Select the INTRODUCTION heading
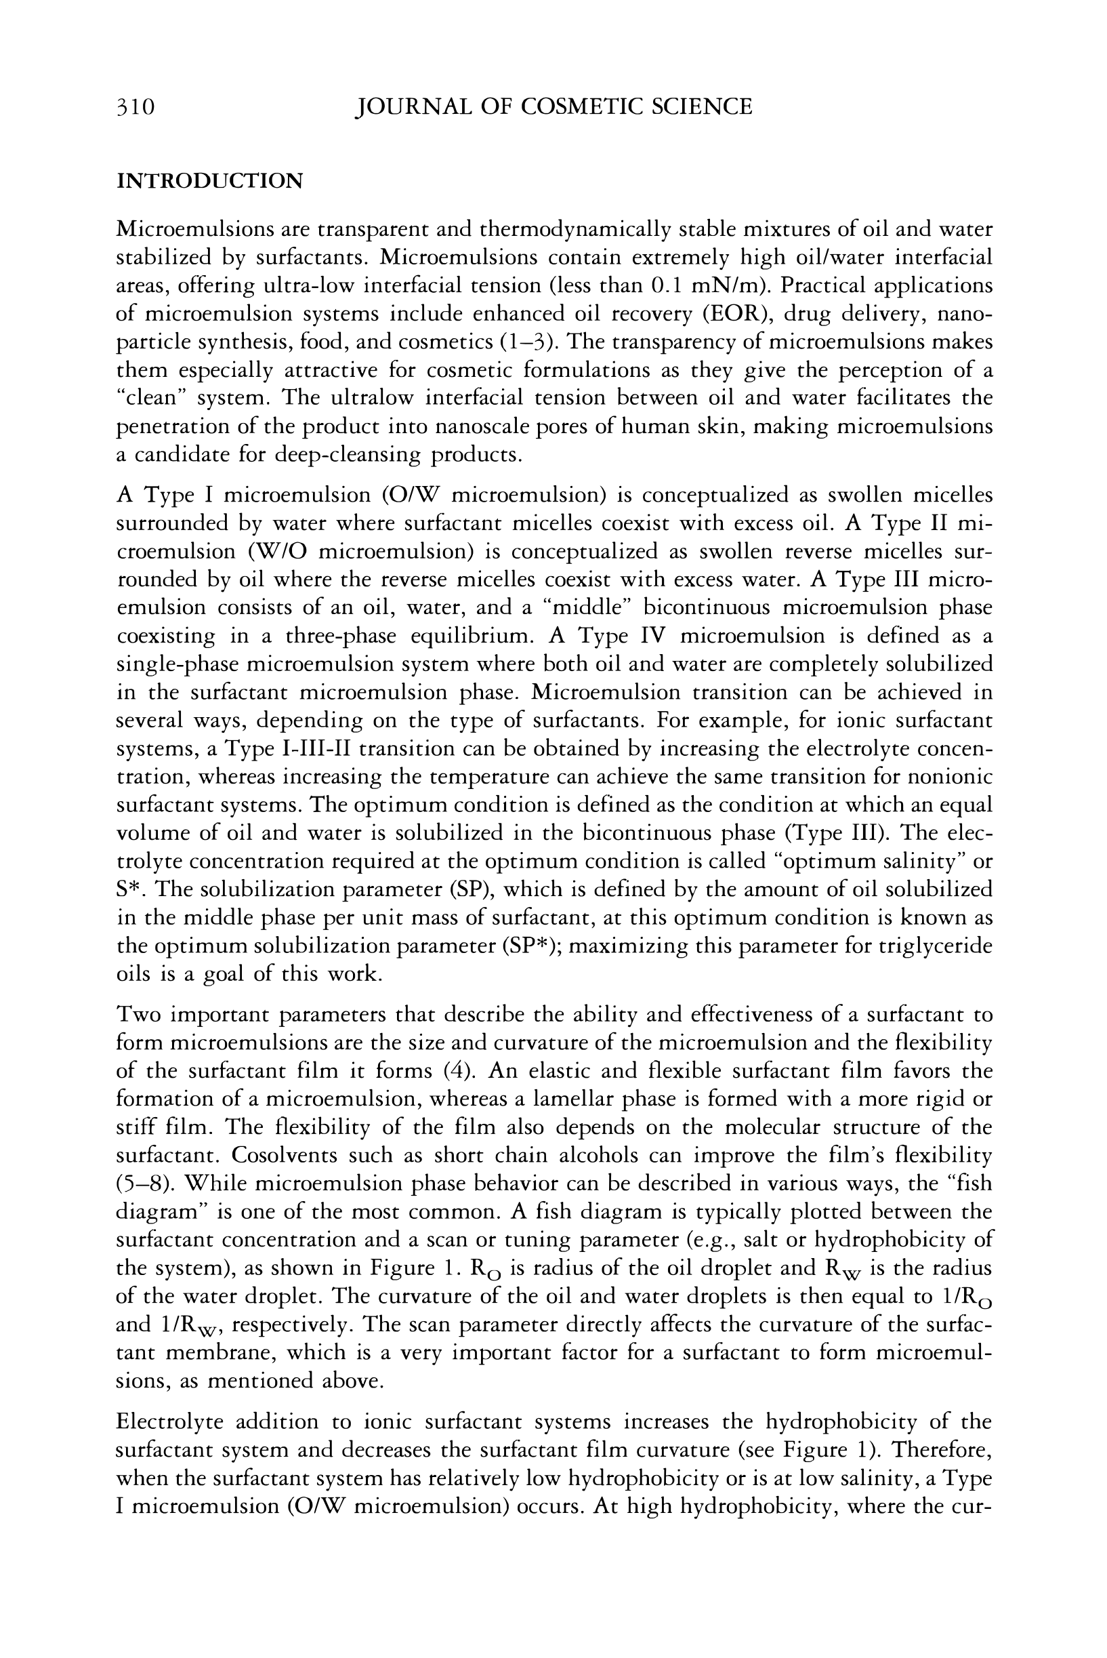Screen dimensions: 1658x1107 (210, 181)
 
